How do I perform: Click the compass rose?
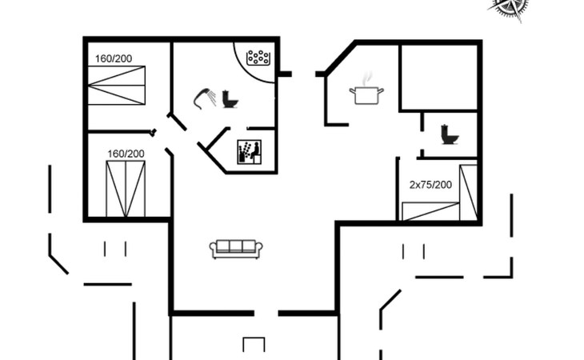510,8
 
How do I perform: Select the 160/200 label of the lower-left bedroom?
126,154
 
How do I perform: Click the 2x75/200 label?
430,184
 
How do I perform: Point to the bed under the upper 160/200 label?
118,82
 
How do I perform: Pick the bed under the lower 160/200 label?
126,188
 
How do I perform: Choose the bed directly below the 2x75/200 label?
430,211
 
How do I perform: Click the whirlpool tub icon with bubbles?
258,57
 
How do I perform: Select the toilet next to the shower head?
230,98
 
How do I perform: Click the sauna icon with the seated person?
249,151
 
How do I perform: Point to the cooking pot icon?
364,96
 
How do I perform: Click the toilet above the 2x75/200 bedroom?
450,136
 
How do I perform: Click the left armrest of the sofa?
213,250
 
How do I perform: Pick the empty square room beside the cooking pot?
438,76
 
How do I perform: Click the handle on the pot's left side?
352,93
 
